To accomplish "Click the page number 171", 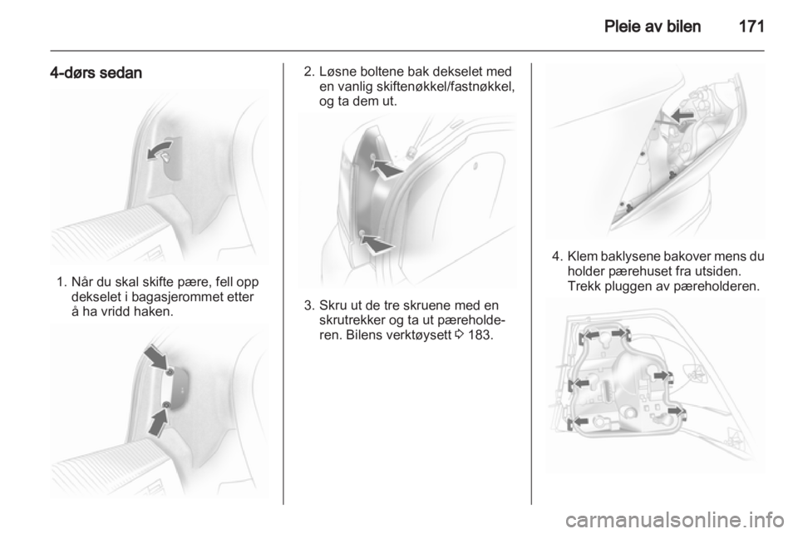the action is pyautogui.click(x=751, y=27).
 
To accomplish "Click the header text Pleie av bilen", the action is pyautogui.click(x=653, y=27).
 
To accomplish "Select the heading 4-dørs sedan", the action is pyautogui.click(x=96, y=73).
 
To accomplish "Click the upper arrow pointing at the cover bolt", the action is pyautogui.click(x=156, y=358).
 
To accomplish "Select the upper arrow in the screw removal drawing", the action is pyautogui.click(x=387, y=169).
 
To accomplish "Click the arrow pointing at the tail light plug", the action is pyautogui.click(x=682, y=116).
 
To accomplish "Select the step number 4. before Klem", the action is pyautogui.click(x=557, y=255).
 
